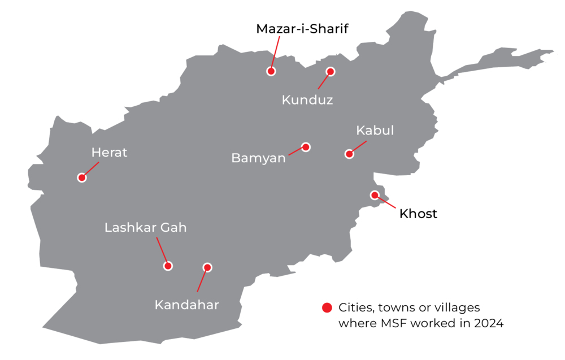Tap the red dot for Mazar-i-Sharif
coord(271,71)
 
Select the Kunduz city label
coord(307,101)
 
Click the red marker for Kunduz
coord(331,71)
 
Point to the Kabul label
coord(375,131)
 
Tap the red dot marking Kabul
coord(349,154)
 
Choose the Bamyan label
coord(259,158)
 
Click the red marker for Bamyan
coord(306,147)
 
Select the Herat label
coord(110,152)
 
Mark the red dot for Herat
coord(82,177)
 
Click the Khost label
coord(418,214)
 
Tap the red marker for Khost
coord(374,195)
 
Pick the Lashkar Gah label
coord(145,228)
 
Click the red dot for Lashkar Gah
coord(168,266)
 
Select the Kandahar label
coord(186,305)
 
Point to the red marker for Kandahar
coord(207,267)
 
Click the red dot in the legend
coord(327,308)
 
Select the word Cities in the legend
coord(354,308)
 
